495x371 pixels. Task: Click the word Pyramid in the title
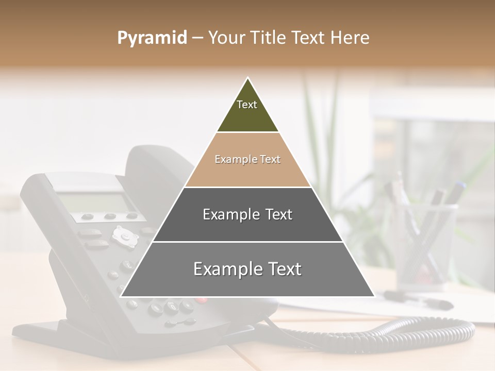tap(152, 38)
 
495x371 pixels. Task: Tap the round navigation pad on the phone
tap(124, 236)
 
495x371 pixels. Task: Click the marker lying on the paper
tap(418, 299)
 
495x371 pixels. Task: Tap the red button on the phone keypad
tap(202, 300)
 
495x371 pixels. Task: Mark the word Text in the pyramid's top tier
tap(247, 105)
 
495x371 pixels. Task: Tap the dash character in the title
tap(197, 38)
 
